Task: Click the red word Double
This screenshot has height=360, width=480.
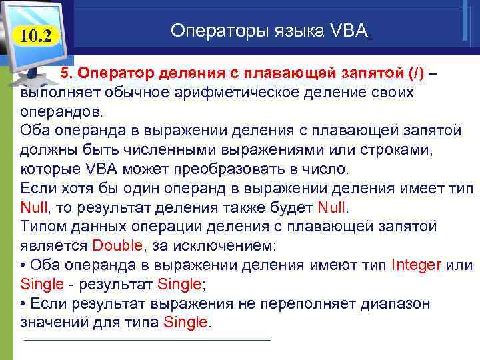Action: [x=118, y=245]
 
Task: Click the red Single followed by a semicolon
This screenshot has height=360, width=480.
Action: [x=180, y=284]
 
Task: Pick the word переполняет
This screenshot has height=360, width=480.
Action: [x=295, y=304]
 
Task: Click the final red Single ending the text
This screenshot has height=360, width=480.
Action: [x=185, y=323]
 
